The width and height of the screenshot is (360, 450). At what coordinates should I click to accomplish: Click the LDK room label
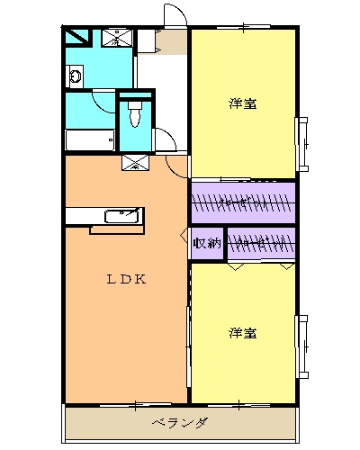tap(127, 279)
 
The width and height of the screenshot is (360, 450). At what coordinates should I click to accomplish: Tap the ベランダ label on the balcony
tap(180, 422)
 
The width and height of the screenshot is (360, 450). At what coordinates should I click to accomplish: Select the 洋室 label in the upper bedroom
tap(242, 103)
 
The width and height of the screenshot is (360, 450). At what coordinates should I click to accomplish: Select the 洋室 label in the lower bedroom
tap(242, 333)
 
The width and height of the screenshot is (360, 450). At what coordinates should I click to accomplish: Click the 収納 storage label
tap(207, 243)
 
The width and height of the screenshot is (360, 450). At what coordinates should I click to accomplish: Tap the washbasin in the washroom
tap(75, 77)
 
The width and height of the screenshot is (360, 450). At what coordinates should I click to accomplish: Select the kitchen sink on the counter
tap(121, 216)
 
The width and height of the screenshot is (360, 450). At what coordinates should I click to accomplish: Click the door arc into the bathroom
tap(103, 101)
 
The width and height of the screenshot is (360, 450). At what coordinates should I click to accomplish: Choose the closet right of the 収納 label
tap(261, 243)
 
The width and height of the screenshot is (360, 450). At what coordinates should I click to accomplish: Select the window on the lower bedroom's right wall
tap(303, 346)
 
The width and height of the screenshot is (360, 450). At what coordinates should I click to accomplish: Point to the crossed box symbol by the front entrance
tap(116, 37)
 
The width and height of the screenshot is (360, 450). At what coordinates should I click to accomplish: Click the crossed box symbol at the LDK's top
tap(135, 163)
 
